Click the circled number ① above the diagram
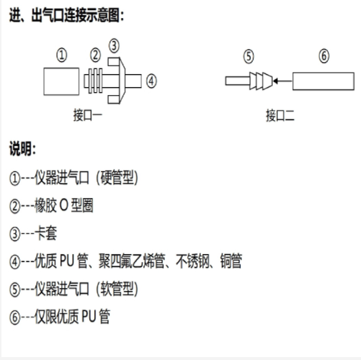click(x=62, y=55)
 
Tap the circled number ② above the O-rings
click(x=95, y=55)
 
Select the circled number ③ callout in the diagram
click(x=114, y=45)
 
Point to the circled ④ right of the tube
click(x=151, y=81)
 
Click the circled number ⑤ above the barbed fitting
click(x=249, y=57)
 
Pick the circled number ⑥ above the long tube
click(x=324, y=56)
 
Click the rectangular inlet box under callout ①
click(x=61, y=81)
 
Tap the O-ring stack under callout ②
click(x=93, y=81)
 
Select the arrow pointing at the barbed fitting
click(x=282, y=81)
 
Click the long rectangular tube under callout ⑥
click(x=324, y=81)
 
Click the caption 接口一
click(x=88, y=115)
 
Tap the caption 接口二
click(x=280, y=115)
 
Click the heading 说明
click(x=22, y=148)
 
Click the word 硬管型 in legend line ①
click(x=117, y=178)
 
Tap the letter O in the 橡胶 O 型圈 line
click(x=63, y=205)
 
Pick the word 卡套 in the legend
click(x=46, y=233)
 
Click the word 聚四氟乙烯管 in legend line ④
click(x=132, y=261)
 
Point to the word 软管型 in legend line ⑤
click(x=117, y=289)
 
